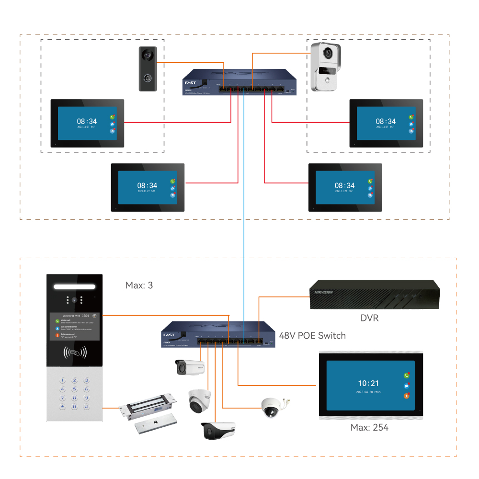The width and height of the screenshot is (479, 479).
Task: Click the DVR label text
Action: tap(369, 317)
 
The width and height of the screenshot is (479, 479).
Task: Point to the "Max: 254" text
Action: tap(370, 427)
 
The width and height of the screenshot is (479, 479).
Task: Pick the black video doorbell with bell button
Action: tap(148, 69)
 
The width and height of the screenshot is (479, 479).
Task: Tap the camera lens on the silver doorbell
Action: tap(328, 53)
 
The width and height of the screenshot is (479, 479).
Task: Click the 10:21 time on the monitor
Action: tap(368, 383)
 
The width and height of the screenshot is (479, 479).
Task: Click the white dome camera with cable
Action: tap(272, 407)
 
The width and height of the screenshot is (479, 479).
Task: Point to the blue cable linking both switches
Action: tap(244, 206)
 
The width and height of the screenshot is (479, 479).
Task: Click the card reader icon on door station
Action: tap(75, 354)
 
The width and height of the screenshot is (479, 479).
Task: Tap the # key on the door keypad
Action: tap(86, 407)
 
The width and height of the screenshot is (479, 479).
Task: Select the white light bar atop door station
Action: tap(75, 286)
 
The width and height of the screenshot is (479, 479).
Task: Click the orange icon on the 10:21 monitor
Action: tap(407, 396)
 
